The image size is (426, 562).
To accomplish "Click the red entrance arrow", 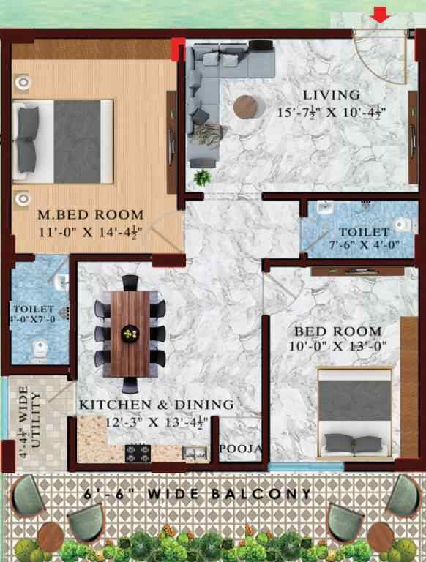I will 381,14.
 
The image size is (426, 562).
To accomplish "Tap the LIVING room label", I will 332,94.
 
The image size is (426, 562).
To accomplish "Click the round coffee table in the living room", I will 244,107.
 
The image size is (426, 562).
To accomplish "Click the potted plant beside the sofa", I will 200,176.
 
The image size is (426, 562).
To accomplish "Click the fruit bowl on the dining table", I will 130,334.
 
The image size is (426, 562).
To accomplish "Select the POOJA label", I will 240,448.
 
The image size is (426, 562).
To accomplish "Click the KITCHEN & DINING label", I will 156,405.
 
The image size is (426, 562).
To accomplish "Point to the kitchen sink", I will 194,452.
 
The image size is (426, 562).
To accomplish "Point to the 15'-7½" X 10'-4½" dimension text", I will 332,113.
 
